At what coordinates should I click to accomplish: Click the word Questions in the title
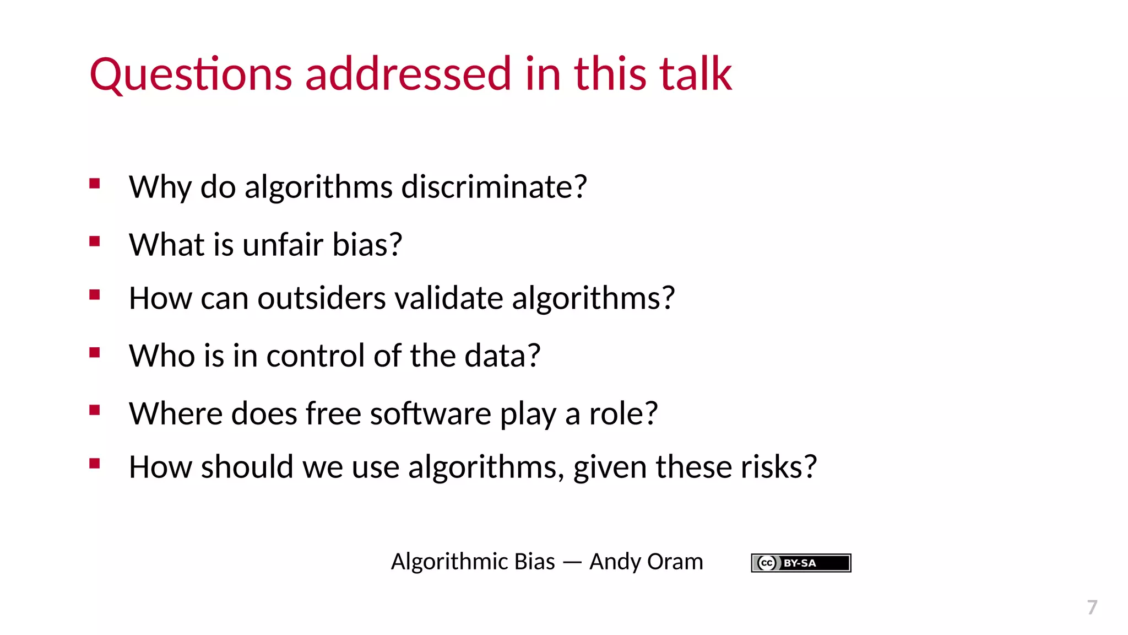(x=191, y=74)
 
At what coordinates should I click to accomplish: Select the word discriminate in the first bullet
(x=494, y=187)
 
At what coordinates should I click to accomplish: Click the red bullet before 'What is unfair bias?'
(x=95, y=241)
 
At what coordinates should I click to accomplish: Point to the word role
(x=623, y=413)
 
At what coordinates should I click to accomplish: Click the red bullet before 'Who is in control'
(x=95, y=353)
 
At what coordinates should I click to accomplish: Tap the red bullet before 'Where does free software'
(x=95, y=410)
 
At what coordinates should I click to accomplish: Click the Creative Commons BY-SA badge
(x=801, y=563)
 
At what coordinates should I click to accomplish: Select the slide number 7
(x=1092, y=607)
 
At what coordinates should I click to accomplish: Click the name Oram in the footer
(x=675, y=562)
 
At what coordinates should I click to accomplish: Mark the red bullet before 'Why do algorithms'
(x=95, y=184)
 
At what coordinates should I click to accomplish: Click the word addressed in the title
(x=408, y=74)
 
